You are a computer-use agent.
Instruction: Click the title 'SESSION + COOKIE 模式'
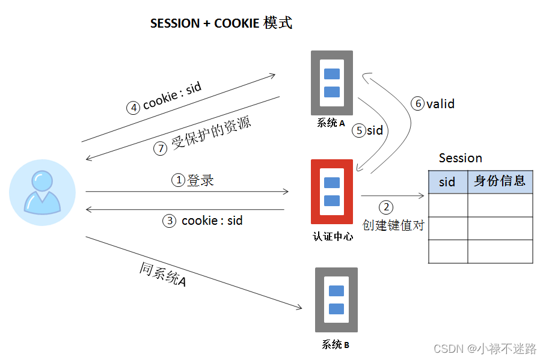point(221,23)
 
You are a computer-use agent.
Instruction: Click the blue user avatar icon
point(42,193)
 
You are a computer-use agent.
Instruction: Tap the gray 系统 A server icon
point(331,83)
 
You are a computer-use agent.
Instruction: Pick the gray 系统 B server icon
point(336,300)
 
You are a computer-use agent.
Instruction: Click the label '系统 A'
point(331,124)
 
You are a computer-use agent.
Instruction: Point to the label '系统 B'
point(336,345)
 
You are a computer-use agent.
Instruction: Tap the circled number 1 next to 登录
point(178,180)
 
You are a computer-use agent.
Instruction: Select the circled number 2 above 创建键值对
point(386,207)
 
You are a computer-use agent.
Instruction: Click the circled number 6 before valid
point(417,104)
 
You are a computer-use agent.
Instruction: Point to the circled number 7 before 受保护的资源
point(160,148)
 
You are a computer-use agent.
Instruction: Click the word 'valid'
point(441,104)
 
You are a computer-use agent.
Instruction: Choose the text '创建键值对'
point(393,225)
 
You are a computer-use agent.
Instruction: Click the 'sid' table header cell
point(447,182)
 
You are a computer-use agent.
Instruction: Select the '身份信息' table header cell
point(500,181)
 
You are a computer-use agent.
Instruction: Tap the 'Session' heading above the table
point(460,158)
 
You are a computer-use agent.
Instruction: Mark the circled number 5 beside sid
point(359,130)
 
